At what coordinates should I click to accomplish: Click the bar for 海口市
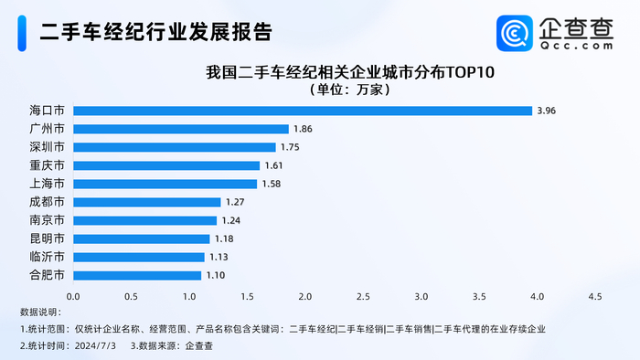tap(302, 111)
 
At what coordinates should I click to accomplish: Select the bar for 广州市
tap(180, 129)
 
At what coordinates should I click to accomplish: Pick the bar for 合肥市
tap(137, 275)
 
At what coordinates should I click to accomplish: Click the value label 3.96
tap(547, 111)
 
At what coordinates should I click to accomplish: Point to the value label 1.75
tap(290, 147)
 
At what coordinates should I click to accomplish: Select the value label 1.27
tap(235, 202)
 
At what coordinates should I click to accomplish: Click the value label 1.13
tap(219, 257)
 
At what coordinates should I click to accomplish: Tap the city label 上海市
tap(47, 184)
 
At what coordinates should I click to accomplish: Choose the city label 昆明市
tap(47, 238)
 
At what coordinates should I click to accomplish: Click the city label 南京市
tap(47, 220)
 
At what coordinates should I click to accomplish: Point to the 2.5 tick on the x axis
tap(363, 296)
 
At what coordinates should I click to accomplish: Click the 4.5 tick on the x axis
tap(595, 296)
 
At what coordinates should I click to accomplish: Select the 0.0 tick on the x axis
tap(73, 296)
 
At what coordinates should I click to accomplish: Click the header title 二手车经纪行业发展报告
tap(156, 33)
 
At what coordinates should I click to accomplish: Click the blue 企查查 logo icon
tap(515, 34)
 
